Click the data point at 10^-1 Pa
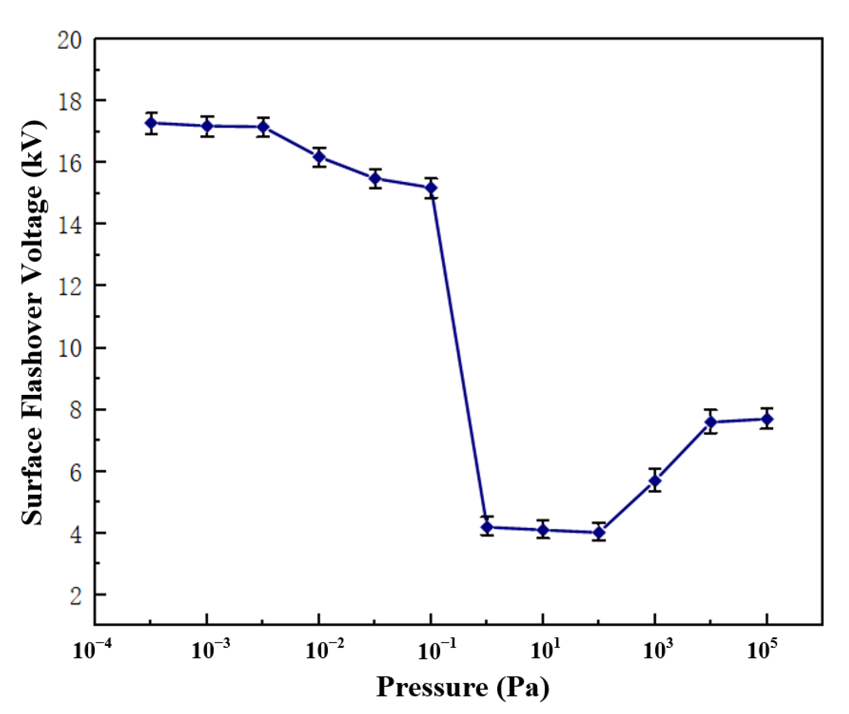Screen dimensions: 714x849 [x=431, y=188]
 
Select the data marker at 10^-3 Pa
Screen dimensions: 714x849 [x=207, y=126]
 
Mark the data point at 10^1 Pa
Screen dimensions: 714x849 [x=543, y=530]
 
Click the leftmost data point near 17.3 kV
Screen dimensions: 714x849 [x=151, y=123]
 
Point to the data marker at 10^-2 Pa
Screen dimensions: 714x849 [x=319, y=157]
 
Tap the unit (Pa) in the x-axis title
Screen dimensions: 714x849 [x=524, y=687]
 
